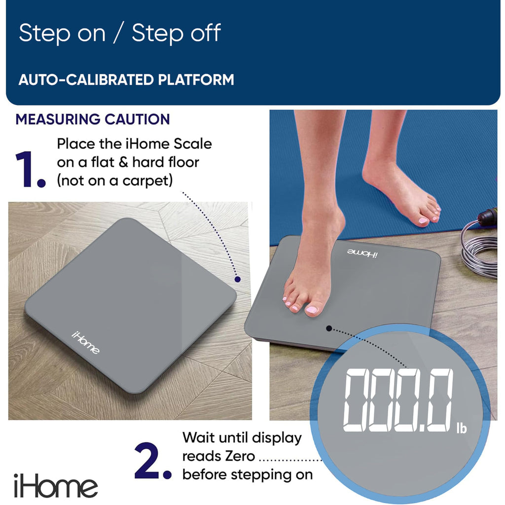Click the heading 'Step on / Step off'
click(120, 34)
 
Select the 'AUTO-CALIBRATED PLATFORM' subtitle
click(126, 79)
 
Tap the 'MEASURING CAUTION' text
click(93, 119)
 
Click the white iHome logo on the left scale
click(85, 342)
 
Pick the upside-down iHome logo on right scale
click(361, 253)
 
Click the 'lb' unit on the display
click(461, 428)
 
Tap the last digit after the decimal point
click(437, 401)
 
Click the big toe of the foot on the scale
click(313, 310)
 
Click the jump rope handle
click(487, 216)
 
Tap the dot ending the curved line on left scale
click(237, 279)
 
